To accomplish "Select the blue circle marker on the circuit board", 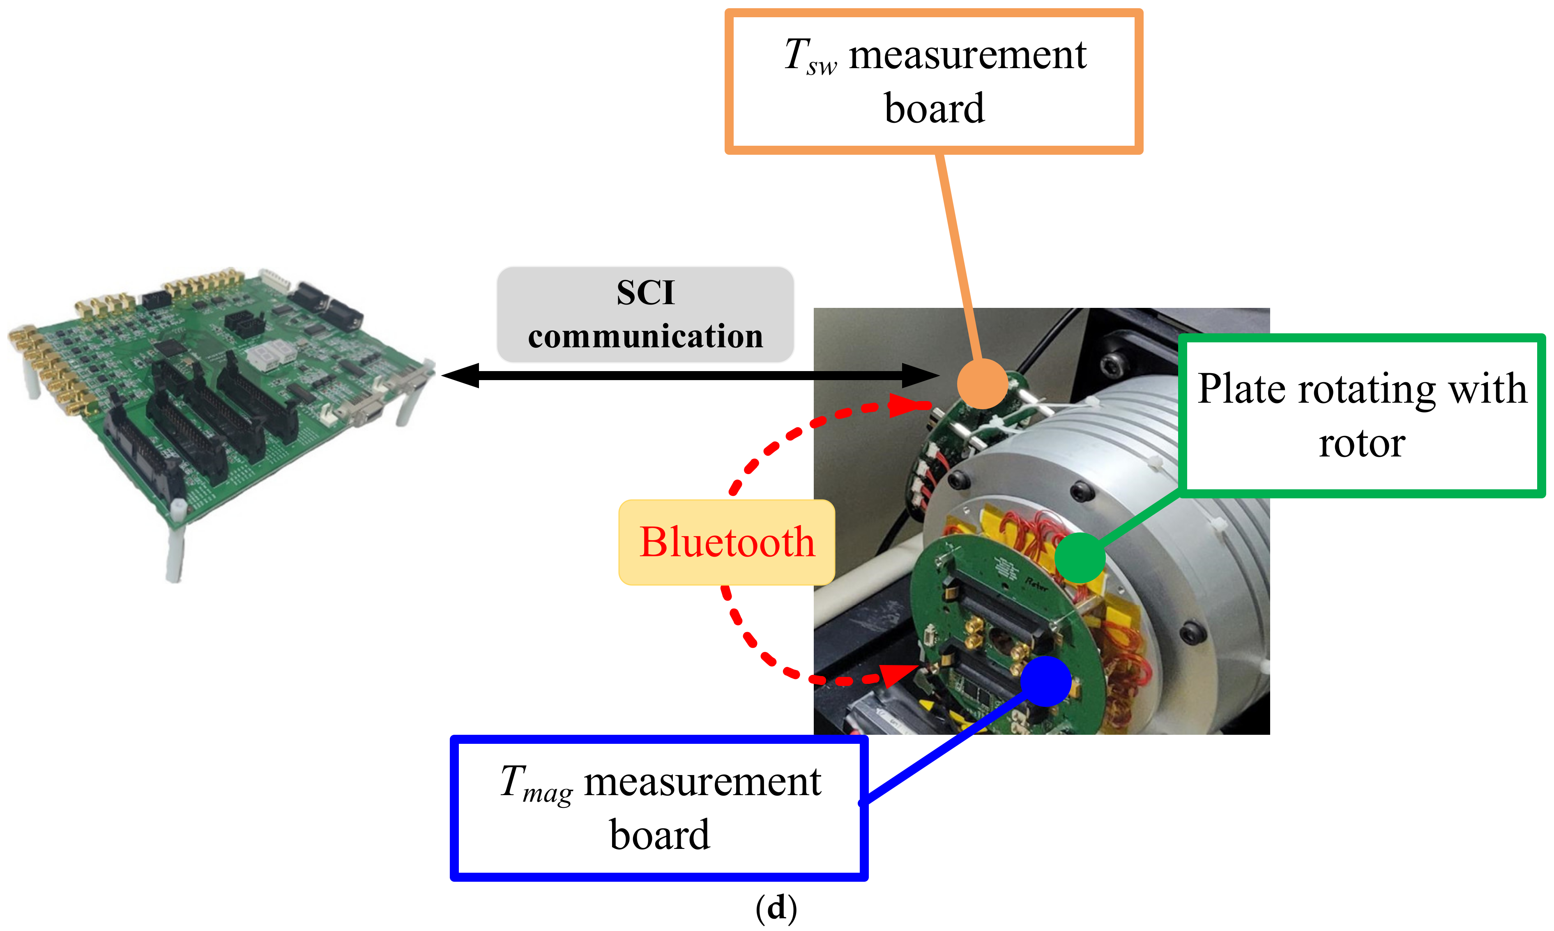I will coord(1045,681).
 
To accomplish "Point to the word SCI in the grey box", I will coord(645,293).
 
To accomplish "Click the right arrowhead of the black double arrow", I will coord(919,375).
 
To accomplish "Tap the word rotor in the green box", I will coord(1361,444).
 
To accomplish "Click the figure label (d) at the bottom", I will coord(776,908).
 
